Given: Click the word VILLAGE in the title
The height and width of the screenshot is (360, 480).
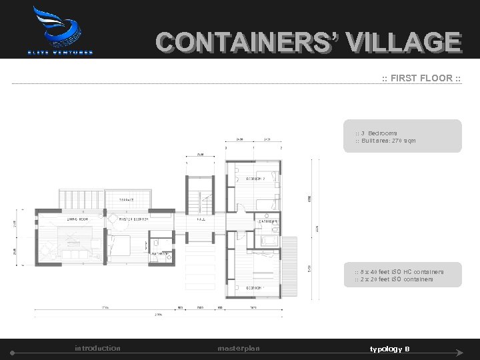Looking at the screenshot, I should (x=403, y=43).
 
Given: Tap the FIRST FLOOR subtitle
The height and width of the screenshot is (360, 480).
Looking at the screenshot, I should (x=421, y=78).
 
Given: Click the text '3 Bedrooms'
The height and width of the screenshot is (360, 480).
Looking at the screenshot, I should (x=378, y=133).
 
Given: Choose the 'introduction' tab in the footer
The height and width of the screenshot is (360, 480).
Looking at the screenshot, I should (x=97, y=348).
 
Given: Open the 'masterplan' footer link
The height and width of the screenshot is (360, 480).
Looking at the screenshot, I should (x=239, y=348).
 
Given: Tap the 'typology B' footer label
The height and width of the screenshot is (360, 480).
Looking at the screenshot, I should (x=390, y=349).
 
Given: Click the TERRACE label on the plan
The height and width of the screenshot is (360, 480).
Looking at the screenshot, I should (x=127, y=199).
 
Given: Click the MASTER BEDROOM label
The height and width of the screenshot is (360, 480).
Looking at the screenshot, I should (x=134, y=218).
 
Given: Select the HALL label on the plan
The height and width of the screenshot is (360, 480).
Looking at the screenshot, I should (x=201, y=218).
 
